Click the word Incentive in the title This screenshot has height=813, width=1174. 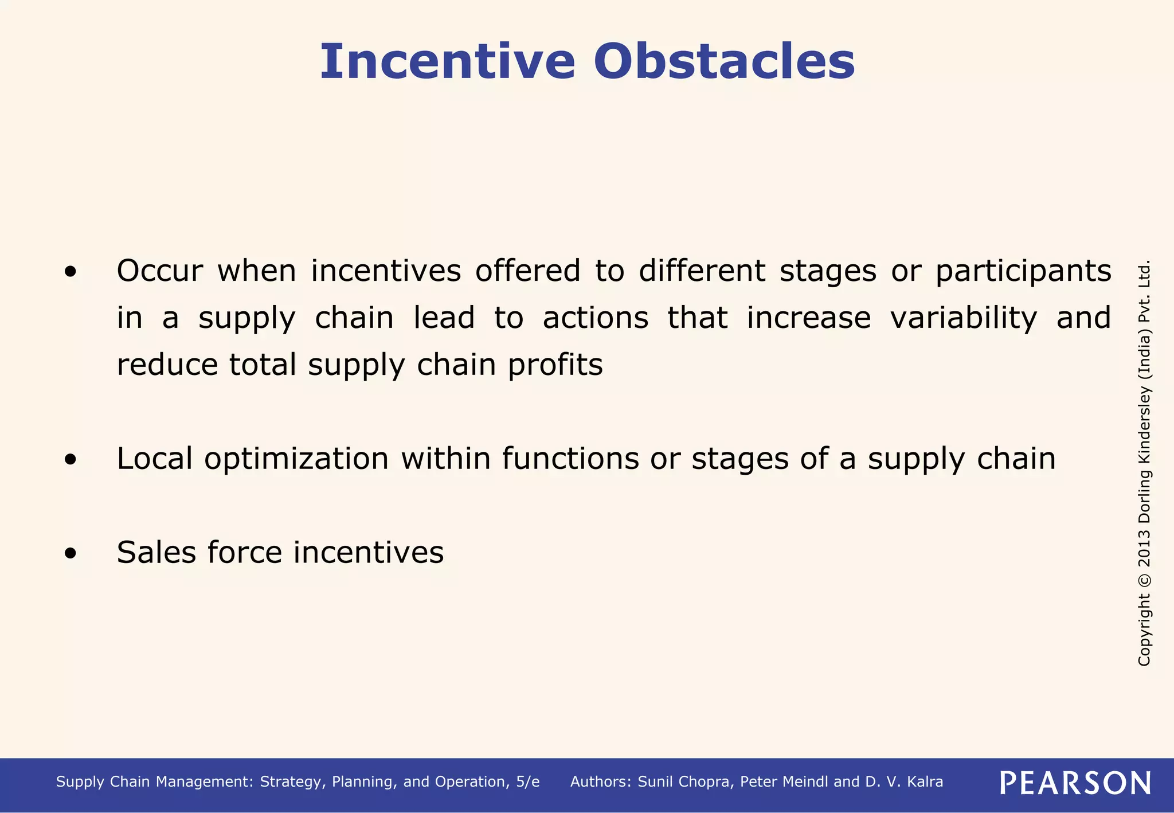click(x=447, y=61)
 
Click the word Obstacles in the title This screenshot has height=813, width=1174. click(x=724, y=61)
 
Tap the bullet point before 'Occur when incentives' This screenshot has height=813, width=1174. click(x=70, y=272)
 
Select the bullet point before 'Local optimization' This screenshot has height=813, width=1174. click(x=70, y=459)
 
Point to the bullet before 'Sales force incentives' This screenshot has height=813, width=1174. click(x=70, y=553)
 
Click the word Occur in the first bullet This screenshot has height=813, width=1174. click(x=159, y=271)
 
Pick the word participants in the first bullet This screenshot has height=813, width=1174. click(x=1023, y=272)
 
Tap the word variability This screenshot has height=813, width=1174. click(x=963, y=319)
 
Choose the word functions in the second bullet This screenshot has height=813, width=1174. click(x=570, y=459)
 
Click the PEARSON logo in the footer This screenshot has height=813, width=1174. click(x=1075, y=783)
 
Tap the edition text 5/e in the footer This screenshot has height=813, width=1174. click(x=527, y=782)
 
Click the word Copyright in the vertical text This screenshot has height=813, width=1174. click(x=1144, y=630)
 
